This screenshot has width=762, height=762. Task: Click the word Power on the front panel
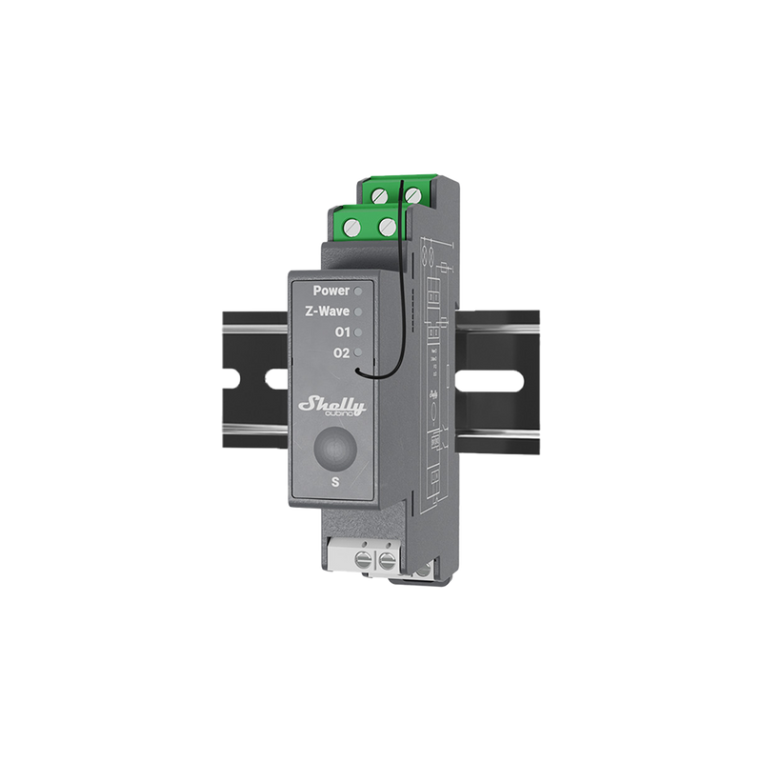331,290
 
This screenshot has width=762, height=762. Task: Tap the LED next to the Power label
358,290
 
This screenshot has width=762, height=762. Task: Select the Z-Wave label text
328,311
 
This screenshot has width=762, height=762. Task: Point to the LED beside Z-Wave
358,311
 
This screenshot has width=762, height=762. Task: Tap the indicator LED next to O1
358,332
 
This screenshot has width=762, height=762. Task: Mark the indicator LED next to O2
358,354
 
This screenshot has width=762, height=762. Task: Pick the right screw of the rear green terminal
412,194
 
